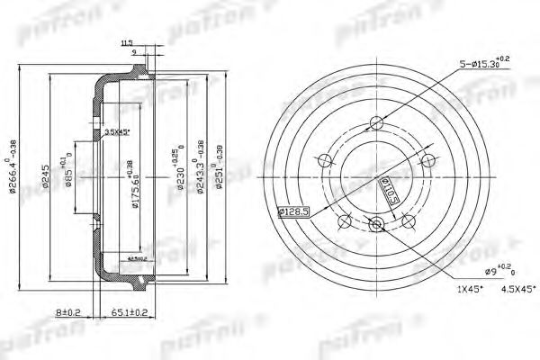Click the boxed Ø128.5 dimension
point(293,212)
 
